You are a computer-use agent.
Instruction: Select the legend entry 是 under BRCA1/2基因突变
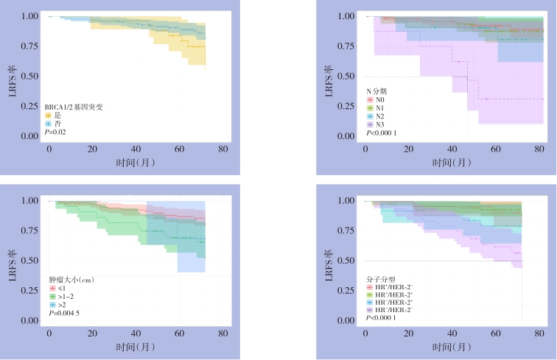(53, 116)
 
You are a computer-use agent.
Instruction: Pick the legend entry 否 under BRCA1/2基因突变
(53, 124)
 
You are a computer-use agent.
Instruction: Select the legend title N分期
(378, 90)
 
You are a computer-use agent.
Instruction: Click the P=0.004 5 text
(63, 314)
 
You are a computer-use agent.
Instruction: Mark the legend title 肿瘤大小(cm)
(71, 280)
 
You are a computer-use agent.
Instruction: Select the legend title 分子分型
(380, 279)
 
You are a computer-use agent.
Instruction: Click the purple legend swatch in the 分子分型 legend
(369, 310)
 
